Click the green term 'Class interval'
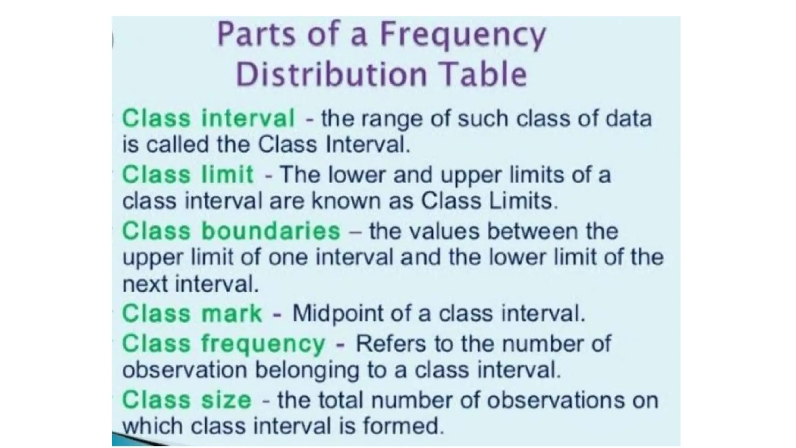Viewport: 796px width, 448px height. click(x=208, y=118)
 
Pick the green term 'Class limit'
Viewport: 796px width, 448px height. click(x=188, y=174)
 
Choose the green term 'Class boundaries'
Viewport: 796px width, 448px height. click(x=231, y=231)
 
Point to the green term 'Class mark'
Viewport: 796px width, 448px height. click(x=192, y=313)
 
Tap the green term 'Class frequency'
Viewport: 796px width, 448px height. click(x=223, y=344)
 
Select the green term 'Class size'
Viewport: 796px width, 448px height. click(x=187, y=400)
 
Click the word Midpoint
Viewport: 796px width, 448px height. click(x=338, y=313)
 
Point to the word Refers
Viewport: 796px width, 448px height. click(x=390, y=343)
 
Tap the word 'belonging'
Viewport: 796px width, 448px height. click(x=307, y=370)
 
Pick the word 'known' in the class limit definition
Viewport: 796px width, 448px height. click(x=336, y=201)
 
